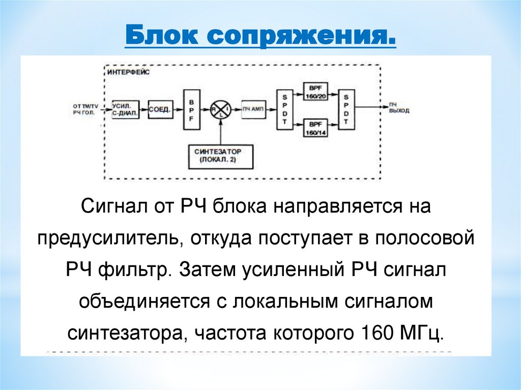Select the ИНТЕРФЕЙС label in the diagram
tap(126, 73)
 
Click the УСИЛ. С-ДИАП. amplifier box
tap(125, 109)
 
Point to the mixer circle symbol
tap(220, 109)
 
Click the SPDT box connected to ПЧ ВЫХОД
tap(346, 109)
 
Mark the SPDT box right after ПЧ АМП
tap(284, 109)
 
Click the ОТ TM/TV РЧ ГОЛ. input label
tap(84, 109)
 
